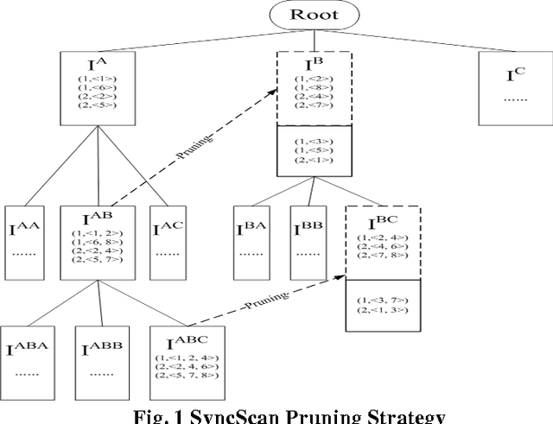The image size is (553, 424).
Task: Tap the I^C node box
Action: (515, 86)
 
